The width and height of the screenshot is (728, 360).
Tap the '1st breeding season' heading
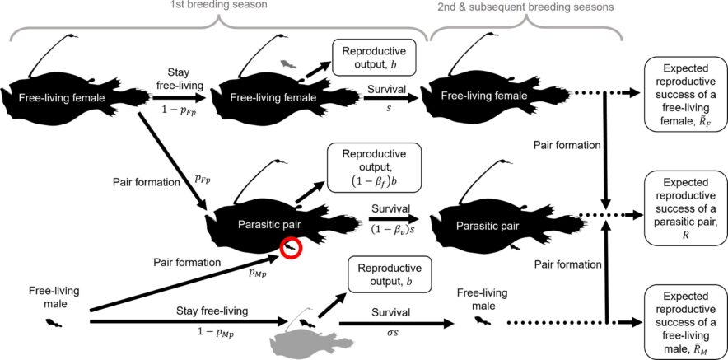(217, 5)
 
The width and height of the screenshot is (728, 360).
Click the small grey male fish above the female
(288, 63)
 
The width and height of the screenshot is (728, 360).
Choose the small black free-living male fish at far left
(54, 323)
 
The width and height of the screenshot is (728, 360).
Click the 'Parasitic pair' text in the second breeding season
(503, 227)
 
